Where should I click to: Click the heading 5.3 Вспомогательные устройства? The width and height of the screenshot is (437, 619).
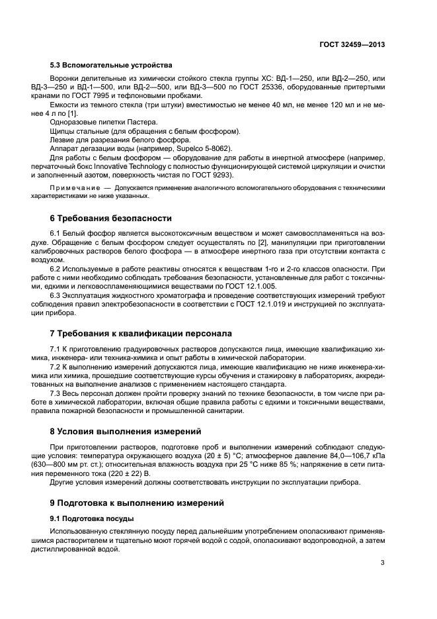(111, 65)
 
